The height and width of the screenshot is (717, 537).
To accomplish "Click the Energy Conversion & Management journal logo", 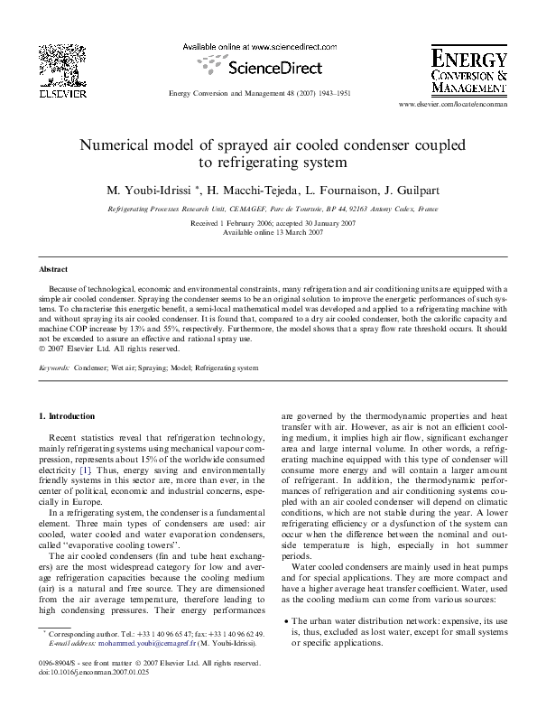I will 468,71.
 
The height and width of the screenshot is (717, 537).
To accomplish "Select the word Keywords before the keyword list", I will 54,368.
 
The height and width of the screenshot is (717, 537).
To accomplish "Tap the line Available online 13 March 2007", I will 268,232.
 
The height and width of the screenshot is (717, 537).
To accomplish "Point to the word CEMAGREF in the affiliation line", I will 271,207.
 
